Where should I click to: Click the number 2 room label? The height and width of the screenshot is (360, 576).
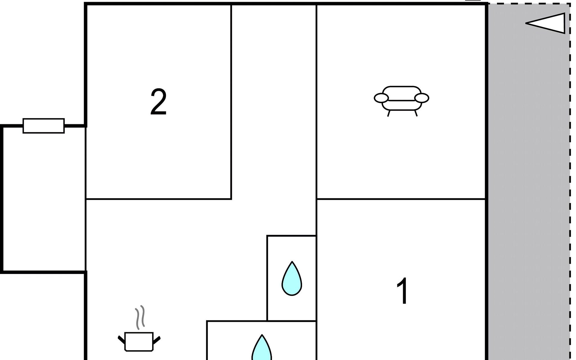click(158, 102)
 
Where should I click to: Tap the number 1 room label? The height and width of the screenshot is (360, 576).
click(402, 291)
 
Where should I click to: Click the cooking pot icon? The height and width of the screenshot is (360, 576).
click(139, 341)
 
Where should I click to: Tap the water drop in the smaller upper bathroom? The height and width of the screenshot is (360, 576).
click(292, 279)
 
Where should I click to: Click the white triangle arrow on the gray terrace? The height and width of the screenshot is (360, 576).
click(547, 23)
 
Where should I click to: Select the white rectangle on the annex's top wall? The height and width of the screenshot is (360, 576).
click(44, 126)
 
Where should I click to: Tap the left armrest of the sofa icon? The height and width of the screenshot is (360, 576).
click(381, 98)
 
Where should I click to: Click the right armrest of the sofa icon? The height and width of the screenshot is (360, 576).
click(421, 98)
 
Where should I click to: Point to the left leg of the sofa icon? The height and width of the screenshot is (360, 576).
click(389, 113)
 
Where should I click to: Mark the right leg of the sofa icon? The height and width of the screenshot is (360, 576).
click(416, 113)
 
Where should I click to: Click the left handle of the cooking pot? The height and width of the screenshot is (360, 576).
click(121, 340)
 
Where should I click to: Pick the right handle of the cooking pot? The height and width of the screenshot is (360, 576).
click(157, 340)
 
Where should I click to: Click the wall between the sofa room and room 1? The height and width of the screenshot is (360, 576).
click(401, 199)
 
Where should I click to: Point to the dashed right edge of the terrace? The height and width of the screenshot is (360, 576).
click(570, 180)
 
